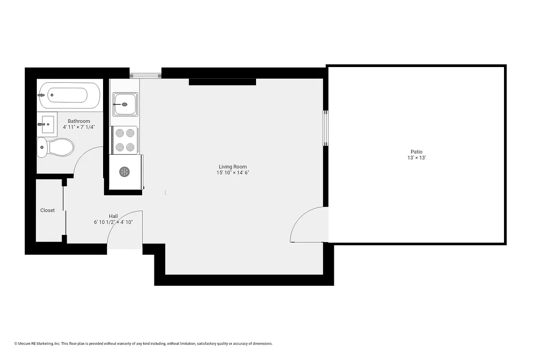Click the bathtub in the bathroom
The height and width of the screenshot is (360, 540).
pyautogui.click(x=69, y=95)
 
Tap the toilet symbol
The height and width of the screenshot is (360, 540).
pyautogui.click(x=55, y=147)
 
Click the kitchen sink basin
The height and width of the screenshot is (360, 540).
pyautogui.click(x=125, y=104)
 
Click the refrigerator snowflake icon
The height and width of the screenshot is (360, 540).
pyautogui.click(x=125, y=171)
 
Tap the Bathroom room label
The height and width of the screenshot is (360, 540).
pyautogui.click(x=79, y=121)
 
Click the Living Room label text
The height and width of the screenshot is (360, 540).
pyautogui.click(x=233, y=167)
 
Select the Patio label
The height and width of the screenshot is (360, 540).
pyautogui.click(x=416, y=152)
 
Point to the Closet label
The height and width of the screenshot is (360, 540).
pyautogui.click(x=48, y=210)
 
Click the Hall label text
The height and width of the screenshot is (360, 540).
pyautogui.click(x=113, y=216)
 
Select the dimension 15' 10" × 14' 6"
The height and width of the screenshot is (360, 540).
pyautogui.click(x=233, y=173)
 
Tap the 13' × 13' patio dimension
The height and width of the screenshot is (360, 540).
pyautogui.click(x=416, y=158)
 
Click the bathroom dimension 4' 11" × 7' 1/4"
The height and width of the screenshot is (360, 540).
pyautogui.click(x=79, y=127)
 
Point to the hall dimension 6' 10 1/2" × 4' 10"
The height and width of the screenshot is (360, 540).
pyautogui.click(x=113, y=222)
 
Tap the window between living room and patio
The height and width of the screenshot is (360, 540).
pyautogui.click(x=325, y=128)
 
